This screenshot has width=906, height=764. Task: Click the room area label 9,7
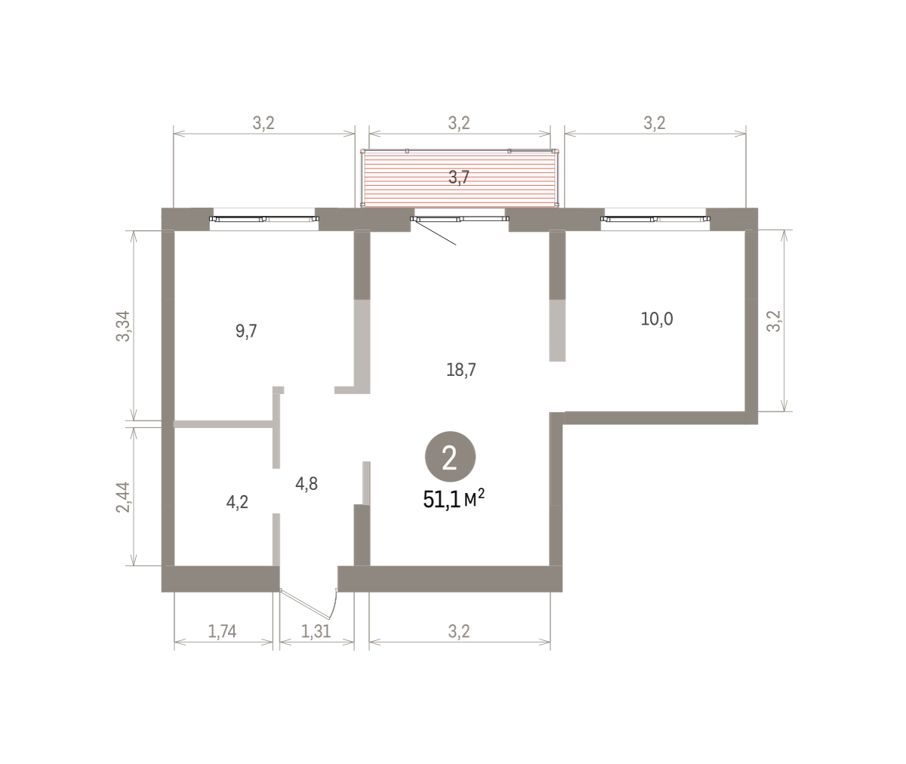tap(246, 331)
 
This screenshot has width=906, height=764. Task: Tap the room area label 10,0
tap(657, 319)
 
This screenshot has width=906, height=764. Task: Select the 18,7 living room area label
tap(461, 370)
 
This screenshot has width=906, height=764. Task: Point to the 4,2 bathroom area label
tap(237, 502)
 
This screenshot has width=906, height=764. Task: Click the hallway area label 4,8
tap(307, 484)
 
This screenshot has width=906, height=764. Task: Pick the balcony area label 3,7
tap(458, 177)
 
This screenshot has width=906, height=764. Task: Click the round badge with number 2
tap(450, 457)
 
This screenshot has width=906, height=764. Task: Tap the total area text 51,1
tap(441, 500)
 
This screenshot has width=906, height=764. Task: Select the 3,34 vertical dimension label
tap(123, 326)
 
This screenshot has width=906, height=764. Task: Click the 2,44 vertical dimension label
tap(123, 498)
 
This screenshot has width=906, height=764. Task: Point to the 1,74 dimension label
tap(222, 632)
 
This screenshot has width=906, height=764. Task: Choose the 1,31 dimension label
tap(316, 632)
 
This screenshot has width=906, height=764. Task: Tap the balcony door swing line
tap(435, 233)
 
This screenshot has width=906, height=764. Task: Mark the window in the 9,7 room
tap(264, 219)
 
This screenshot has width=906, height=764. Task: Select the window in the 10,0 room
tap(655, 219)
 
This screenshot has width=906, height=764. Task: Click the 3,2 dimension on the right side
tap(774, 322)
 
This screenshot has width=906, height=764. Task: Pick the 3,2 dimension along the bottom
tap(459, 632)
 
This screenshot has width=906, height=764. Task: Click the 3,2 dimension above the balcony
tap(459, 123)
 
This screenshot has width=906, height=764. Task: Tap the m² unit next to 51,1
tap(474, 498)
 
